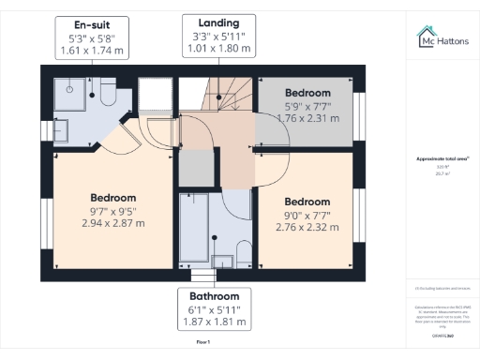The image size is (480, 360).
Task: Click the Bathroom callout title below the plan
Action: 216,294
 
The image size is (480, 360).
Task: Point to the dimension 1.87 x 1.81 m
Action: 216,322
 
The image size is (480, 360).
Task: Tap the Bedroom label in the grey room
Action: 307,93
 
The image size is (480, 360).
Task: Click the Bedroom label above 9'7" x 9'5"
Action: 113,198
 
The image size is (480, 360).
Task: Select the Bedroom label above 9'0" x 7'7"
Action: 307,202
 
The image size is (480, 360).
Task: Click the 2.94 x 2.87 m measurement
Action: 113,224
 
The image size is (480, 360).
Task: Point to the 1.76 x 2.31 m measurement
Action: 307,119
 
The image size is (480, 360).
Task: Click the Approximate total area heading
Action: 442,159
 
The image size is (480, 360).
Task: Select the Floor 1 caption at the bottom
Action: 202,343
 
